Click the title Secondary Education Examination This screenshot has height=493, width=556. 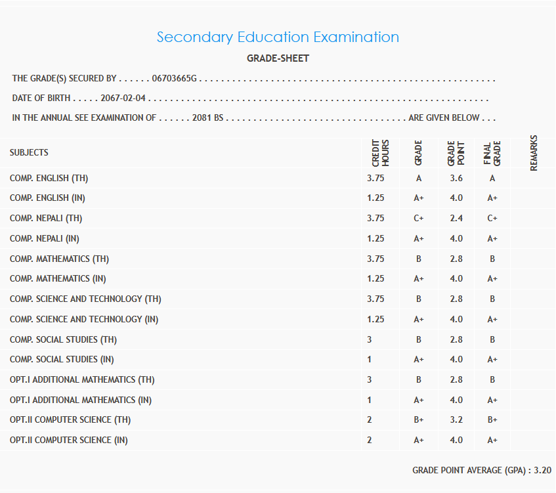(x=278, y=37)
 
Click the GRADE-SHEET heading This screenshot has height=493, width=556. (x=278, y=58)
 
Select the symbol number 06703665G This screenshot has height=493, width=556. (x=174, y=79)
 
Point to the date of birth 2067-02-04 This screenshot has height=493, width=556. (x=123, y=98)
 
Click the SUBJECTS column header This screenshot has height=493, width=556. (x=29, y=152)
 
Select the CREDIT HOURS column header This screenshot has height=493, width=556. (x=380, y=152)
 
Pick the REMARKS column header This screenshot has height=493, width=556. (x=533, y=152)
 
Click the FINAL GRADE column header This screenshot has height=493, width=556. (x=492, y=152)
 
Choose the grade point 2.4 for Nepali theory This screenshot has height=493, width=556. (x=456, y=218)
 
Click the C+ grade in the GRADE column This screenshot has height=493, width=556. (x=419, y=218)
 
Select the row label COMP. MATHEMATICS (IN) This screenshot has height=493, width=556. (x=58, y=279)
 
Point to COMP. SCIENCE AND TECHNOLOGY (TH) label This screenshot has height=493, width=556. (x=85, y=299)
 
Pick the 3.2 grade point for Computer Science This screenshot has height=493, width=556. (x=456, y=420)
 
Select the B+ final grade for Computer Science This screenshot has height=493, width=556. (x=492, y=420)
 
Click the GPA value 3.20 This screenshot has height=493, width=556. (x=542, y=471)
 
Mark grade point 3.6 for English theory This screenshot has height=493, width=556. (x=456, y=178)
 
